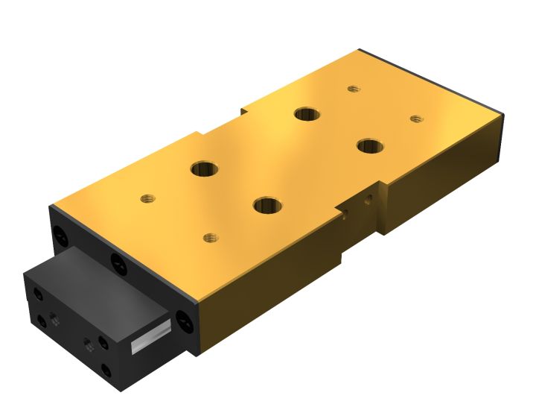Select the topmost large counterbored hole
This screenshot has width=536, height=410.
pos(306,114)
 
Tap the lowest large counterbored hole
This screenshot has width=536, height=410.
pos(267,204)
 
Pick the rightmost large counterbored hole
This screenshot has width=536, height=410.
pos(368,145)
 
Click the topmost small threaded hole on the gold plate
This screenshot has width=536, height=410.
pos(354,89)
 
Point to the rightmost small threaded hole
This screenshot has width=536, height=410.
pos(416,118)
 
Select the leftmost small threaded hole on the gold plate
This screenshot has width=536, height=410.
pos(147,199)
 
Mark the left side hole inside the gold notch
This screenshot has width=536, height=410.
pos(345,218)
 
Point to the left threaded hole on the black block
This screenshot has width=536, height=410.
pos(55,319)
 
